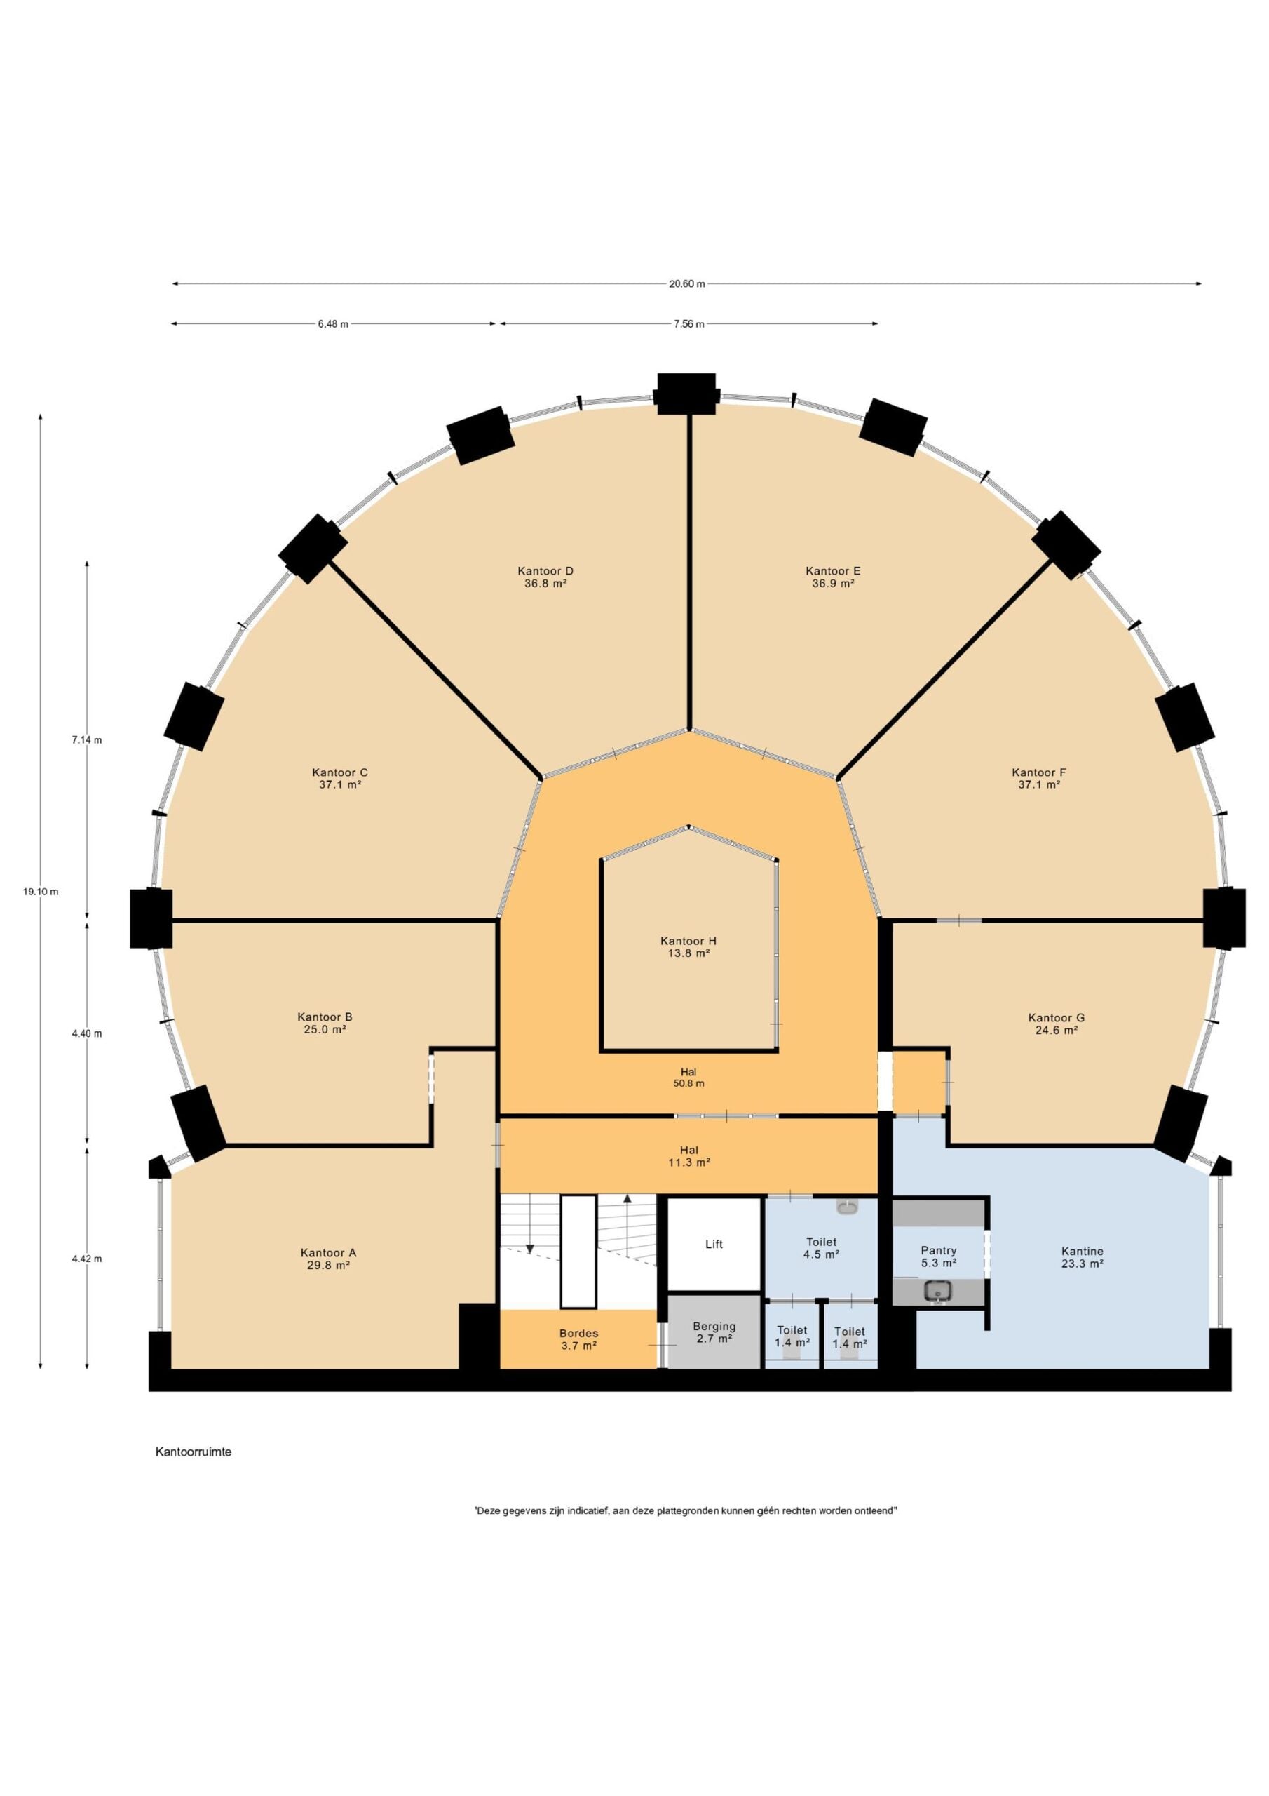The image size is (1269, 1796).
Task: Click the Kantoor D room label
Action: point(545,571)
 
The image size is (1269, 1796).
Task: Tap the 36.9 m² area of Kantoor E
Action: point(833,583)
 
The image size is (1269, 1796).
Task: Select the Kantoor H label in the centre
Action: point(688,941)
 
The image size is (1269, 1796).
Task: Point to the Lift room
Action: point(714,1244)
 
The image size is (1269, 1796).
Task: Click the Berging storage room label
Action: point(714,1326)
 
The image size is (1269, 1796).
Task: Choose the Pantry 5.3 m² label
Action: point(938,1256)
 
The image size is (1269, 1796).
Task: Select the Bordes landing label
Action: point(578,1333)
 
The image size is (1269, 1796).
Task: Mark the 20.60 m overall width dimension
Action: point(686,284)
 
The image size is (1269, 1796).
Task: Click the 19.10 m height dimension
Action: point(41,891)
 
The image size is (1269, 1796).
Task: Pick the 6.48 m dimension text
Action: point(333,324)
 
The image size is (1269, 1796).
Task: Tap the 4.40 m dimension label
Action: point(87,1033)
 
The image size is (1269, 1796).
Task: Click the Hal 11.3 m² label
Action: point(689,1156)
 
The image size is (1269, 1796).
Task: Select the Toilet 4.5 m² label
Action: point(821,1247)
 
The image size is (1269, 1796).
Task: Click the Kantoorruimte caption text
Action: point(193,1452)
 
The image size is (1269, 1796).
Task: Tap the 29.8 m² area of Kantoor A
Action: point(327,1265)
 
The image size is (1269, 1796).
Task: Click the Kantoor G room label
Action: point(1057,1018)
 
